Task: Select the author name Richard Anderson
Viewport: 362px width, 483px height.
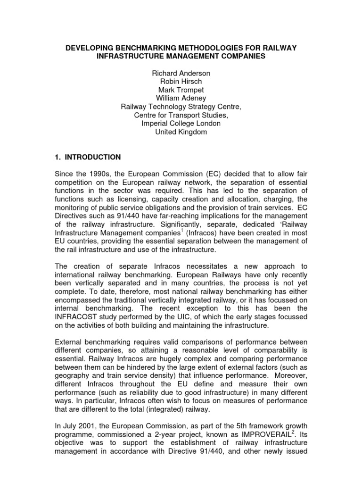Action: (x=181, y=75)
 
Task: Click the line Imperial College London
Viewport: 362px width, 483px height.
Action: (x=181, y=124)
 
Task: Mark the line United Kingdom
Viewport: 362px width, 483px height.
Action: (x=181, y=132)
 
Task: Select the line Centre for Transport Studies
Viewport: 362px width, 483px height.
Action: (x=181, y=116)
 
